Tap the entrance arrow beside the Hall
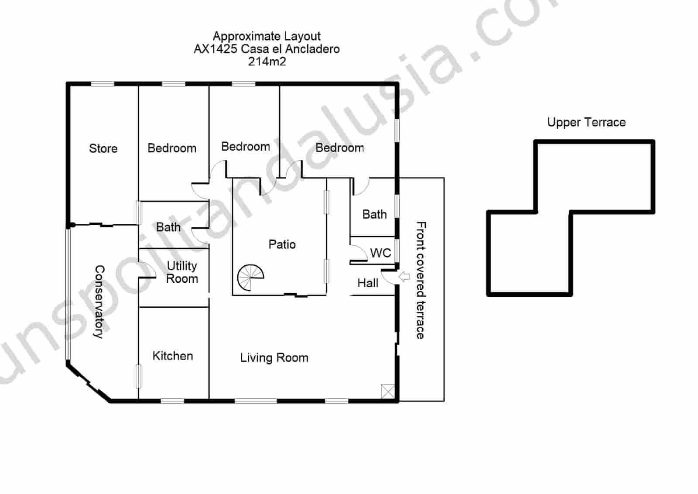pyautogui.click(x=404, y=276)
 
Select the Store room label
pyautogui.click(x=103, y=148)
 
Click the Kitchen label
pyautogui.click(x=173, y=356)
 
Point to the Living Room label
pyautogui.click(x=274, y=358)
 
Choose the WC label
pyautogui.click(x=380, y=253)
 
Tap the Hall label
pyautogui.click(x=368, y=283)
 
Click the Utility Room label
pyautogui.click(x=182, y=272)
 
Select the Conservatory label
pyautogui.click(x=100, y=302)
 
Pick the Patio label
pyautogui.click(x=282, y=244)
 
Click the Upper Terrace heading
pyautogui.click(x=586, y=122)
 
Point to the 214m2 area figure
pyautogui.click(x=267, y=62)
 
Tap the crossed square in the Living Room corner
pyautogui.click(x=387, y=391)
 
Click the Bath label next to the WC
pyautogui.click(x=374, y=214)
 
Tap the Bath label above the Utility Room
pyautogui.click(x=168, y=227)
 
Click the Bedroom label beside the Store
pyautogui.click(x=172, y=148)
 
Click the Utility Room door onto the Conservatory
pyautogui.click(x=147, y=270)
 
